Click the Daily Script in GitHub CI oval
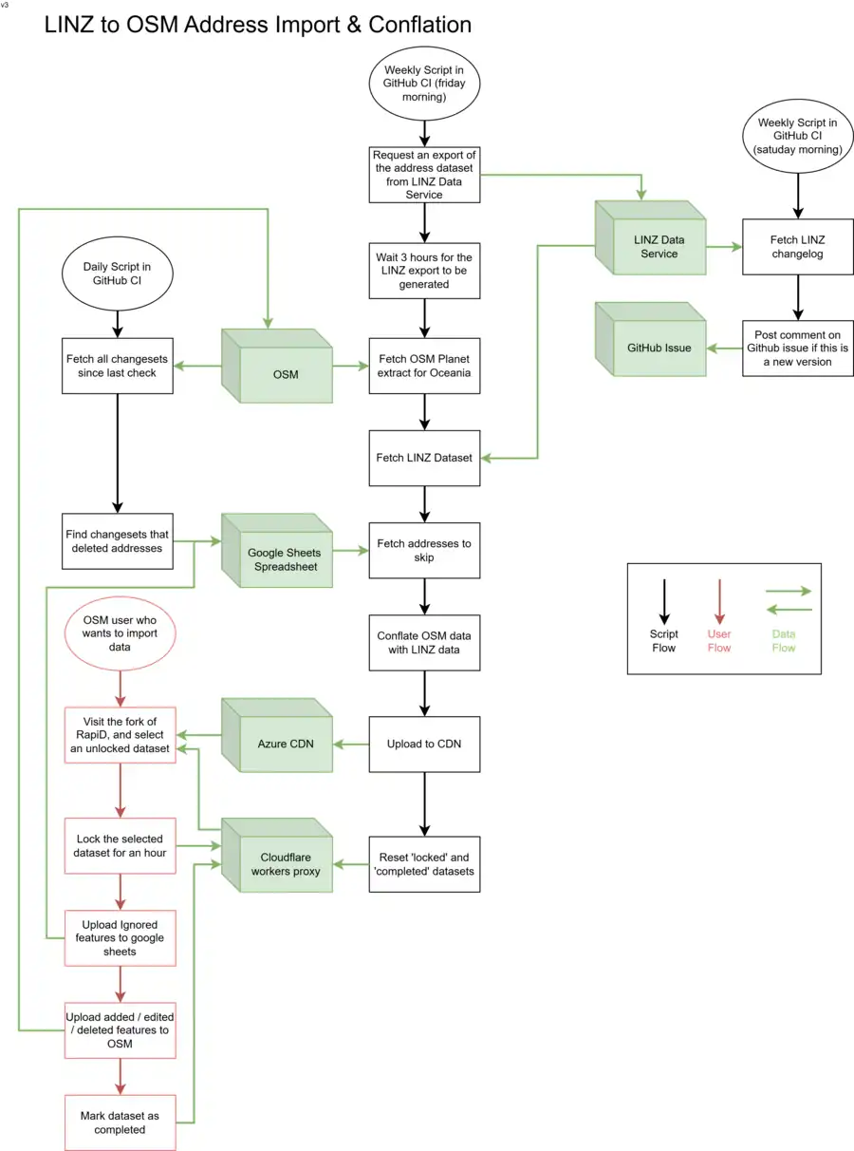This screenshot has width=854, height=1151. point(117,274)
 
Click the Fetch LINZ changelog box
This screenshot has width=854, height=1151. point(797,247)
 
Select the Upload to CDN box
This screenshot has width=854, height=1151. point(424,744)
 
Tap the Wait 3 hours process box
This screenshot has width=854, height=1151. point(424,271)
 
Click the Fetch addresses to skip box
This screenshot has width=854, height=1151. point(424,551)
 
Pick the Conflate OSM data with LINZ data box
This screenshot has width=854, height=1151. point(424,642)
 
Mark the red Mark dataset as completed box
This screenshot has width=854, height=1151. point(121,1123)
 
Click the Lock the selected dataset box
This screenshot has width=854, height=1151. point(121,845)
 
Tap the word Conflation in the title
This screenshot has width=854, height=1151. point(409,25)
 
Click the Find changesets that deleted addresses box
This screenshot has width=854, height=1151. point(119,541)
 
